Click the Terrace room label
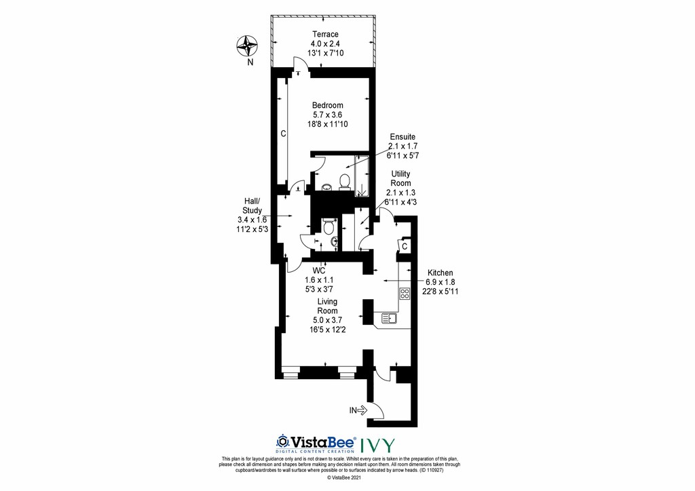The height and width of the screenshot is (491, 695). pos(325,34)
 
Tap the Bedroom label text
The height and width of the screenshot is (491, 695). pos(328,105)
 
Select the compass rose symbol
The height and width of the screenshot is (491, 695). pos(247,46)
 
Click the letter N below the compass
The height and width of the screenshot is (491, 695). pos(250,62)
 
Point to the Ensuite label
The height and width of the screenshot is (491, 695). pos(402,137)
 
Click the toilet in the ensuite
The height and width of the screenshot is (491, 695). pos(345,182)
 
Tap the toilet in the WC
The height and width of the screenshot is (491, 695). pos(328,226)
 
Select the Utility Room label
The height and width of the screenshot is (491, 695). pos(400,178)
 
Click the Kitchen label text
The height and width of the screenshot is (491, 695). pos(440,273)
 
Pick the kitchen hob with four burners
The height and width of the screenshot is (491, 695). pos(405,294)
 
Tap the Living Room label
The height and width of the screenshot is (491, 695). pos(327,306)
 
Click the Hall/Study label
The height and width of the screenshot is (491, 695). pos(252,206)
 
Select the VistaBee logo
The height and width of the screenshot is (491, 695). pos(316,444)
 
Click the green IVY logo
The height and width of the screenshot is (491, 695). pos(377,445)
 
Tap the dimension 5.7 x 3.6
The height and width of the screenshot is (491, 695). pos(328,115)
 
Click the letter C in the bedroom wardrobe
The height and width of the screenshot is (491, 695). pos(283,134)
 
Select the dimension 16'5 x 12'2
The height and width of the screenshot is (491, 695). pos(328,330)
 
